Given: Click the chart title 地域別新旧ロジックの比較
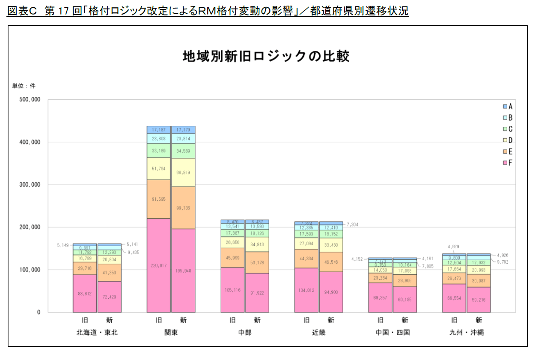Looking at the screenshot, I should [266, 56].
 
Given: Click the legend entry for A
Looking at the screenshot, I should [508, 106].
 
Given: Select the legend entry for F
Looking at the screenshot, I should [508, 163].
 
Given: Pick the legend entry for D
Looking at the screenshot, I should [508, 140].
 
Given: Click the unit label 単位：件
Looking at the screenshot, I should [24, 86].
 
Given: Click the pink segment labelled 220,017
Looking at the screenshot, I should [158, 265].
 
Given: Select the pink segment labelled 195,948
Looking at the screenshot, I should [183, 271].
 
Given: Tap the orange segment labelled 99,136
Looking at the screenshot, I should [183, 208].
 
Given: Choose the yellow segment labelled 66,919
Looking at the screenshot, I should [183, 173].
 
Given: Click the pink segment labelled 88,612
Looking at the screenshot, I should [84, 294].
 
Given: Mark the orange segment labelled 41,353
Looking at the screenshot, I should [109, 273].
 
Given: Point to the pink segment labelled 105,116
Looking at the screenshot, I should [232, 290].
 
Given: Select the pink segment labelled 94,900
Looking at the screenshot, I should [331, 292].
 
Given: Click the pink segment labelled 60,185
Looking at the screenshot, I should [405, 300].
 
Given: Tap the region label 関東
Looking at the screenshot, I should [171, 332].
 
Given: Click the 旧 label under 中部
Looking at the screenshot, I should [232, 320].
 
